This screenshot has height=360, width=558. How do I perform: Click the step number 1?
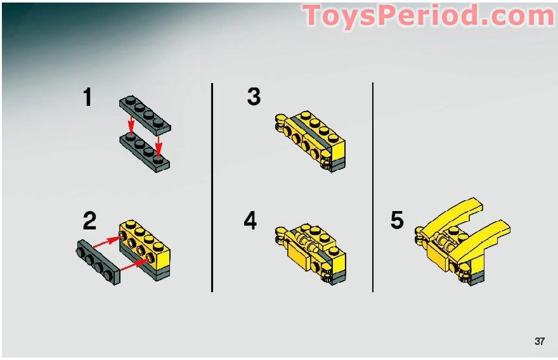[88, 97]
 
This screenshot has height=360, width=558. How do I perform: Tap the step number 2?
[89, 221]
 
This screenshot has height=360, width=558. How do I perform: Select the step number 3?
[254, 96]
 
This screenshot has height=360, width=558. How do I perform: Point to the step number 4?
[250, 220]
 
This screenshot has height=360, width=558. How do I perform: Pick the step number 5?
[397, 220]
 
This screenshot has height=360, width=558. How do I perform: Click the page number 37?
[540, 341]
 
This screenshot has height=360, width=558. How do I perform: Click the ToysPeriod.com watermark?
[428, 16]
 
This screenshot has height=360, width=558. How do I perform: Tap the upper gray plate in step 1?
[145, 115]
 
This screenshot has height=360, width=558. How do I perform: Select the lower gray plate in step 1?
[145, 153]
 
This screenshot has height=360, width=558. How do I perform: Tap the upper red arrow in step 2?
[106, 242]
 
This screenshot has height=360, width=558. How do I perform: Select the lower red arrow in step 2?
[134, 265]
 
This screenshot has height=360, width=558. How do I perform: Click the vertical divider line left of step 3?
[212, 188]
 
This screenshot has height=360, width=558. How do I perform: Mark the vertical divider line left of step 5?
[373, 187]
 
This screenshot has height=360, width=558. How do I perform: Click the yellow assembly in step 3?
[310, 141]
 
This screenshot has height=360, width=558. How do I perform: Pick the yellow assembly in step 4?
[310, 254]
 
